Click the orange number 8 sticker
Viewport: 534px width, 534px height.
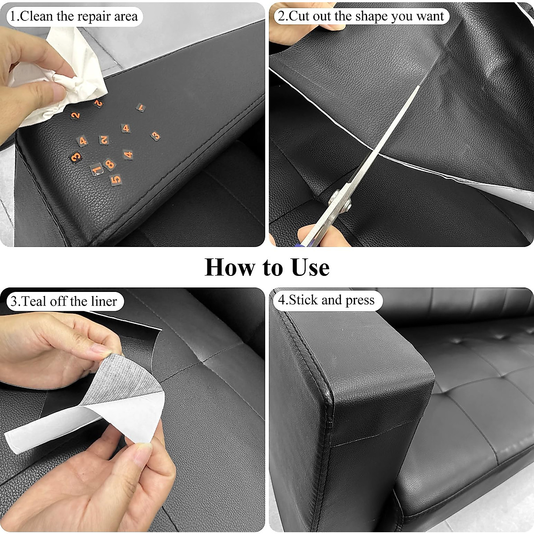pos(109,164)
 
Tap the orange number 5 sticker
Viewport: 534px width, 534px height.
pos(116,179)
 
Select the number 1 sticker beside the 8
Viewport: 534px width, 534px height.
pos(97,169)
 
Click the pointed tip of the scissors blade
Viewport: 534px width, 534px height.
pos(419,86)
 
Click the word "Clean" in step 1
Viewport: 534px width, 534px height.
pos(37,16)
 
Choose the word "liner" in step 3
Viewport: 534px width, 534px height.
pos(104,301)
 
